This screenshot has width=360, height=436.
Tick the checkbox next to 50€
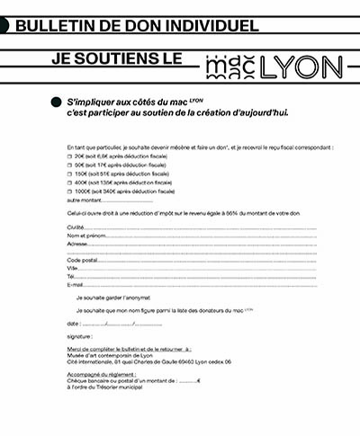pos(69,165)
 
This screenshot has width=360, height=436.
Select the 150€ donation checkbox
pos(69,174)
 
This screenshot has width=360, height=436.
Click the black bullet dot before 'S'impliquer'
pos(58,104)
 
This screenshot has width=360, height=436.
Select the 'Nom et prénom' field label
pos(84,236)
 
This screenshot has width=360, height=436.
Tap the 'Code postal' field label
pos(81,260)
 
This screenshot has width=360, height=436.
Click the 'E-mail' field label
pos(76,284)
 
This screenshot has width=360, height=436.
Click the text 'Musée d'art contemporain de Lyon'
pos(103,356)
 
